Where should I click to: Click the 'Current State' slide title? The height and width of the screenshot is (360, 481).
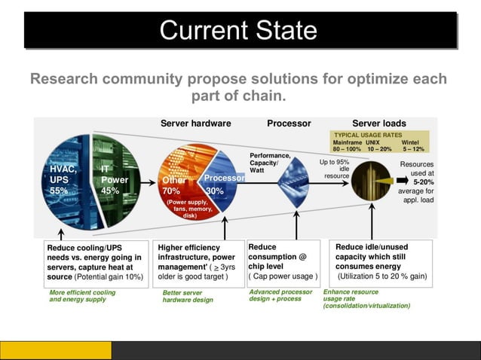click(x=239, y=31)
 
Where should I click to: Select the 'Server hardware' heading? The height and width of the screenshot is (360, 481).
click(x=195, y=124)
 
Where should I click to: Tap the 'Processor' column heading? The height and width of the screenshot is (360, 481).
click(x=289, y=124)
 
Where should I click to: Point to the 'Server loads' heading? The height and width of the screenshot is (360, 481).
click(x=379, y=124)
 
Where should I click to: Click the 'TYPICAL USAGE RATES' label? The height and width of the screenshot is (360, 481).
click(x=367, y=135)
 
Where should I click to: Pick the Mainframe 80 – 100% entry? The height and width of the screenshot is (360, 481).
click(x=347, y=145)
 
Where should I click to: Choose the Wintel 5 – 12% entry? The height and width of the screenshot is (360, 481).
click(x=413, y=145)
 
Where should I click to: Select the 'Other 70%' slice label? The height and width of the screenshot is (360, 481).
click(x=173, y=186)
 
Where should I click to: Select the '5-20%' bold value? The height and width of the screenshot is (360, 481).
click(x=423, y=182)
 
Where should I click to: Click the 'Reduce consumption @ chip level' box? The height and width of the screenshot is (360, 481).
click(x=283, y=261)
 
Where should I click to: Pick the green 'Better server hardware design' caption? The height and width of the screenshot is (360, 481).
click(x=188, y=296)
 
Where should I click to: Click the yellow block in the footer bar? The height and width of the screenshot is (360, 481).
click(x=56, y=350)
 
